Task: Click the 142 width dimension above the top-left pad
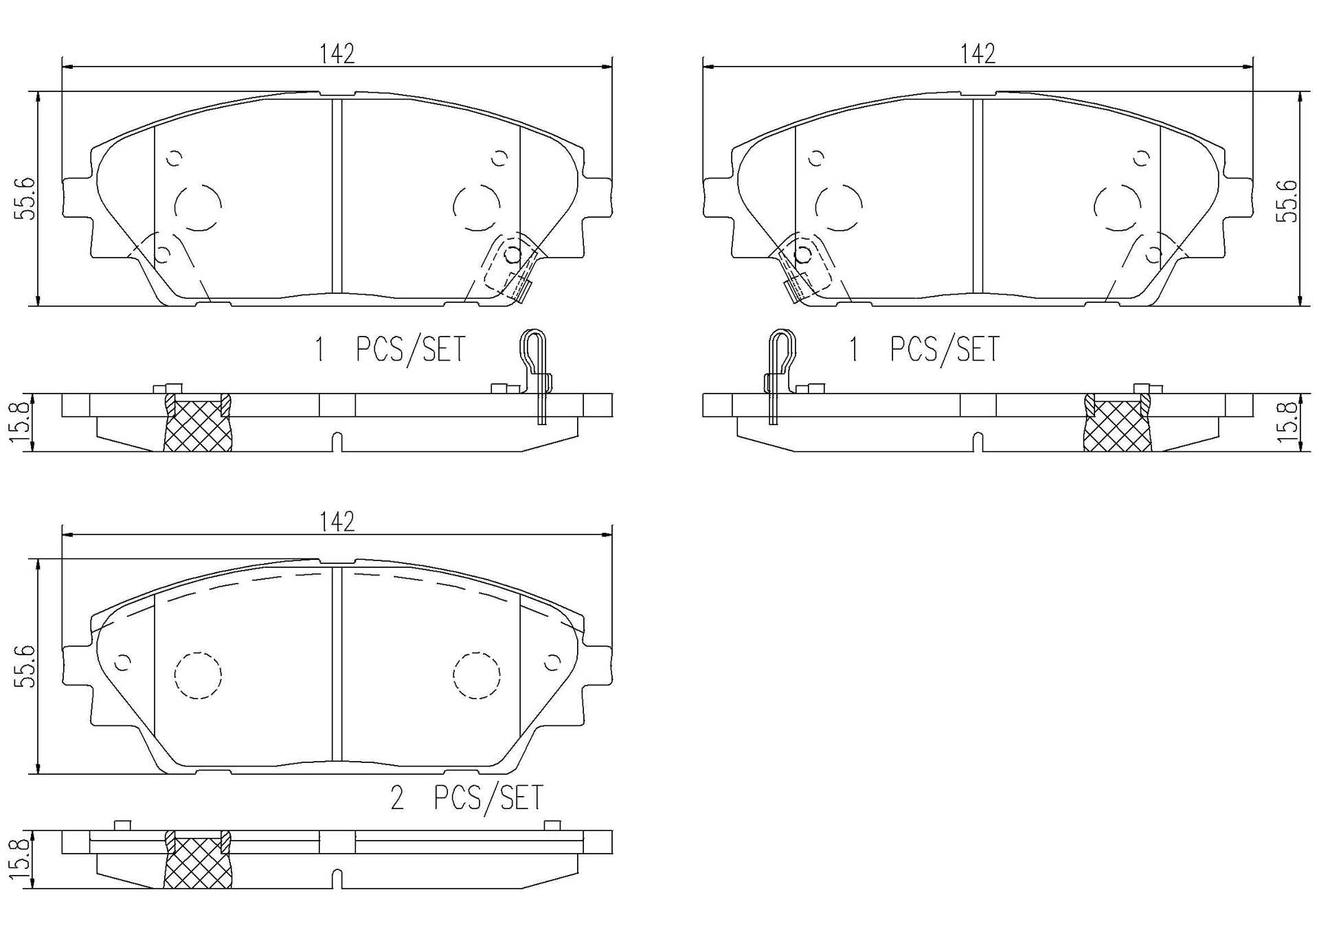tap(337, 54)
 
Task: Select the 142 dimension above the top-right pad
tap(978, 54)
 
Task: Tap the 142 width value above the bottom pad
tap(337, 522)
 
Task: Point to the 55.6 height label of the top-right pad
tap(1287, 201)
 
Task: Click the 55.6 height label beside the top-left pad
tap(27, 198)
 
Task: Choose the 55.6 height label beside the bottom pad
tap(27, 666)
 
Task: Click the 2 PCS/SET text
tap(466, 797)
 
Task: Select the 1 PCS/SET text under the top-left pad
tap(390, 349)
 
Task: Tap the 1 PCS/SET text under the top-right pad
tap(925, 349)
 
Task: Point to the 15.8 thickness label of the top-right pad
tap(1287, 422)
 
